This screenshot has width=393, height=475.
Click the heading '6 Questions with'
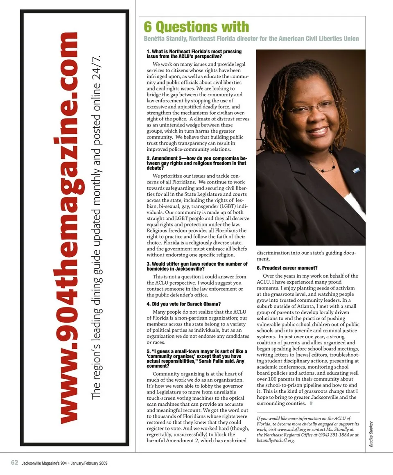(x=196, y=27)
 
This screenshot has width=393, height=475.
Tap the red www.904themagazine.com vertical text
(x=68, y=227)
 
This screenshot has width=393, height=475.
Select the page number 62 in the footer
(x=14, y=463)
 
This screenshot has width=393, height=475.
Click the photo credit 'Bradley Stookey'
(x=371, y=434)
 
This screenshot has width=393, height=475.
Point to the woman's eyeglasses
(x=312, y=108)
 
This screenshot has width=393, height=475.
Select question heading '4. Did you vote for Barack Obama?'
(x=184, y=304)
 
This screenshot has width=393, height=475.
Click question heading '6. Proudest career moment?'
(x=287, y=268)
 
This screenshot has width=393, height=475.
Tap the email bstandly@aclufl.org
(x=276, y=441)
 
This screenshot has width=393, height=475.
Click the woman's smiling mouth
(x=317, y=131)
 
